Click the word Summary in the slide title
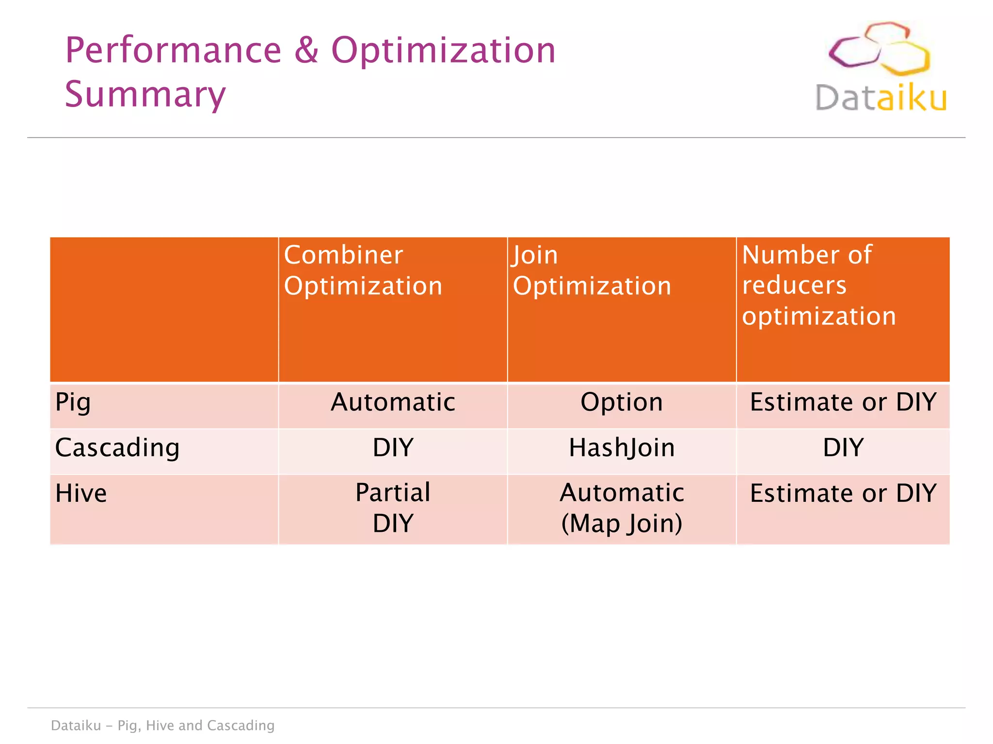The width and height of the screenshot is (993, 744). point(145,94)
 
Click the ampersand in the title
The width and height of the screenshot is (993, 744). point(306,50)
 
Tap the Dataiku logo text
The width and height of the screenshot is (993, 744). point(881,98)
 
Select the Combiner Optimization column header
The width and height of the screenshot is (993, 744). point(363,270)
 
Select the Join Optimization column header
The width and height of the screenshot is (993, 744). point(592,270)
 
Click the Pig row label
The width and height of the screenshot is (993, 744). point(73,402)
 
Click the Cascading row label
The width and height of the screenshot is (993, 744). point(117,447)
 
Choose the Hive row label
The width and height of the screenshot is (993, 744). point(81,493)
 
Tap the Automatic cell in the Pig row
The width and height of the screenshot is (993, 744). point(393,402)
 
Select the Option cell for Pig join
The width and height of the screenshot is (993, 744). point(622,402)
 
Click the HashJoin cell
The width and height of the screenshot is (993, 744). point(622,447)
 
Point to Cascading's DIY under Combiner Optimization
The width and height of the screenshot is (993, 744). point(393,447)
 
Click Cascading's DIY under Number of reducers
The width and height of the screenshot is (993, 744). point(843,447)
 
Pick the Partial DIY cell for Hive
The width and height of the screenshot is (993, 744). point(393,508)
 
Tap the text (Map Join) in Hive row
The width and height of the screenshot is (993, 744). point(622,523)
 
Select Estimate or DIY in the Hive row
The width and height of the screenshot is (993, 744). point(843,493)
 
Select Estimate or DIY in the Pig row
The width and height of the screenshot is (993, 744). point(843,402)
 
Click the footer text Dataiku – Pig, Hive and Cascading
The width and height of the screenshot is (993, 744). point(163,725)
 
